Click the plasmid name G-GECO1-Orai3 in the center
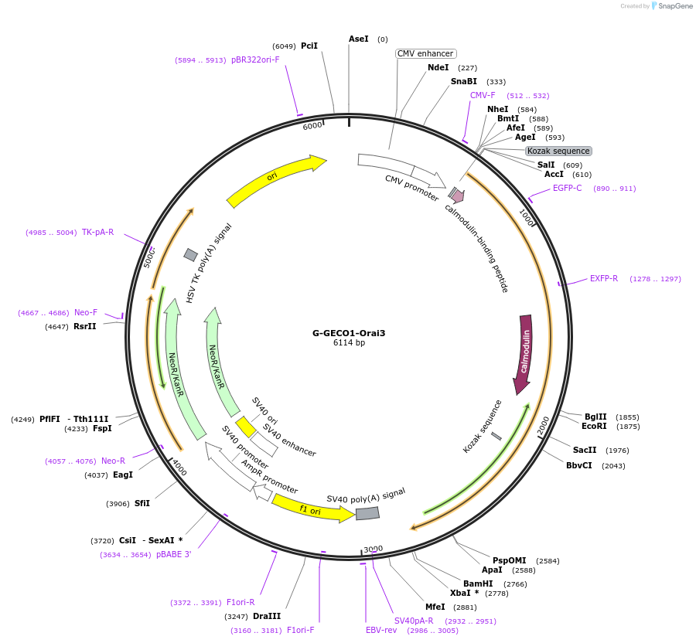348,333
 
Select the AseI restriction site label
358,39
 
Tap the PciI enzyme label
309,46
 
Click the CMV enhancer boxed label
425,53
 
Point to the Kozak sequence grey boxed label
558,151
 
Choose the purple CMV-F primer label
483,96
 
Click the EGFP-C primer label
567,188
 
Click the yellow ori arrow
275,179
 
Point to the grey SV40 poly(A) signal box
367,512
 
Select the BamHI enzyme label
477,583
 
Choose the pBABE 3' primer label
173,554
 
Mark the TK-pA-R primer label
97,232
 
